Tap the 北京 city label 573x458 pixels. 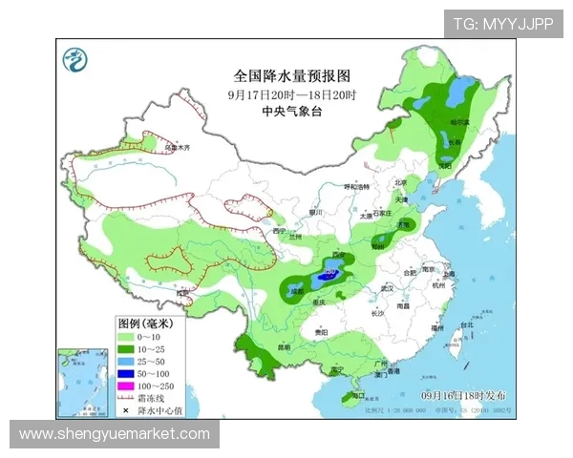pyautogui.click(x=401, y=182)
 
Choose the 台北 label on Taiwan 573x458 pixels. pyautogui.click(x=466, y=325)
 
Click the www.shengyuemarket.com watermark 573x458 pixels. pyautogui.click(x=115, y=434)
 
